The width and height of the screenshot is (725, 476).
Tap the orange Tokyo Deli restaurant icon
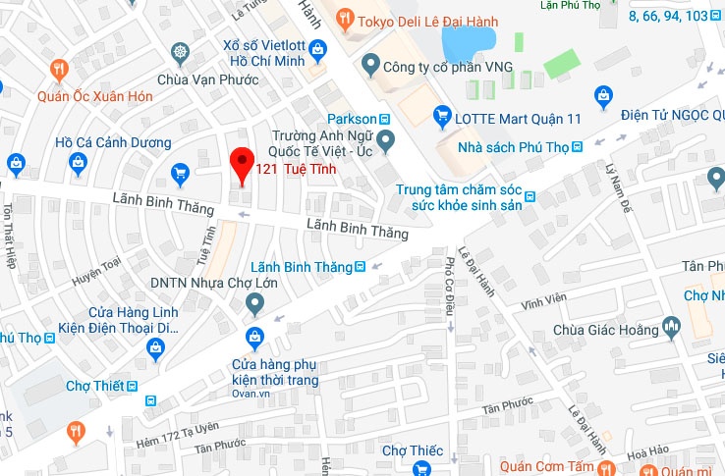[x=344, y=17]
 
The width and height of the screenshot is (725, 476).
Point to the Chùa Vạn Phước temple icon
[x=180, y=52]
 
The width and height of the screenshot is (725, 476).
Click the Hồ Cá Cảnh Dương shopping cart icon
[x=180, y=174]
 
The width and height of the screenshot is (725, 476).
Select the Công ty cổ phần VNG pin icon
[x=370, y=67]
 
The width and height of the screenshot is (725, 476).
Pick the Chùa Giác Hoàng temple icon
[x=672, y=325]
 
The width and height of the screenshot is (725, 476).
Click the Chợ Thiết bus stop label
[x=94, y=386]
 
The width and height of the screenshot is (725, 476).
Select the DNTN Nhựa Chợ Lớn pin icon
[x=254, y=301]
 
